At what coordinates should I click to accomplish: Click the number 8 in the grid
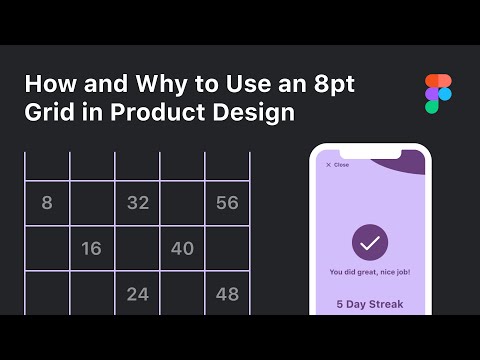pyautogui.click(x=47, y=203)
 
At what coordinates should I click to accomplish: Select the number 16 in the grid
pyautogui.click(x=91, y=248)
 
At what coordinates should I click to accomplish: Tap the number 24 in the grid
pyautogui.click(x=137, y=294)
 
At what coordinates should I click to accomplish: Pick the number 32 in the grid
pyautogui.click(x=137, y=203)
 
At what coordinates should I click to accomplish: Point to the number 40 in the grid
pyautogui.click(x=182, y=248)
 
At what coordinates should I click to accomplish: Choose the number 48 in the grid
pyautogui.click(x=227, y=294)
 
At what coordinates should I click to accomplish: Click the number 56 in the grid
pyautogui.click(x=227, y=203)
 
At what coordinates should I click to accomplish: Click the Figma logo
pyautogui.click(x=437, y=94)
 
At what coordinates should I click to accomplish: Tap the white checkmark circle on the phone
pyautogui.click(x=370, y=243)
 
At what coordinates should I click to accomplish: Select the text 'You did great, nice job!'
pyautogui.click(x=370, y=272)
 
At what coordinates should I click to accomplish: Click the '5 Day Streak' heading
pyautogui.click(x=370, y=304)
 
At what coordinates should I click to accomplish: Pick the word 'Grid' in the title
pyautogui.click(x=47, y=112)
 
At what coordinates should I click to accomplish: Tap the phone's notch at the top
pyautogui.click(x=370, y=153)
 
